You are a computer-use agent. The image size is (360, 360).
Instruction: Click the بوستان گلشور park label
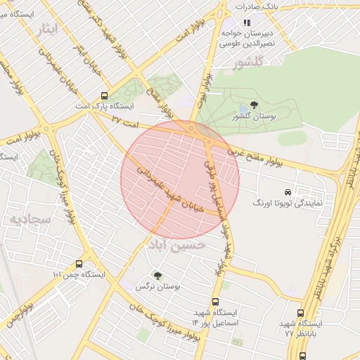tap(252, 116)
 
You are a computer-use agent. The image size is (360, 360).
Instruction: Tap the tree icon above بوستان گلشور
tap(254, 105)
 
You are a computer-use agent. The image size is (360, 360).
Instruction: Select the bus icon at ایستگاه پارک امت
tap(105, 96)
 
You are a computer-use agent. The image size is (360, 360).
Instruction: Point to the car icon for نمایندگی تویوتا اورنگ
tap(288, 192)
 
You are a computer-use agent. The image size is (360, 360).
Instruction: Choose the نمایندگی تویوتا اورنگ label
tap(288, 202)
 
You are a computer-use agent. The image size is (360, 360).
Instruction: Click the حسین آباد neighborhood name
tap(176, 246)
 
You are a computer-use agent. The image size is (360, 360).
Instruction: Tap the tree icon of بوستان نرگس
tap(157, 276)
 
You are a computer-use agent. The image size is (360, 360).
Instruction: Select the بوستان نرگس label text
tap(158, 287)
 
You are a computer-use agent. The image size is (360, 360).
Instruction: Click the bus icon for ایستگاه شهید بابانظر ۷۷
tap(301, 314)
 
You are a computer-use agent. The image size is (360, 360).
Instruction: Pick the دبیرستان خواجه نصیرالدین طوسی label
tap(247, 37)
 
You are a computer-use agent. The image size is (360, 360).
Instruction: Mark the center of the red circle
tap(180, 180)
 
